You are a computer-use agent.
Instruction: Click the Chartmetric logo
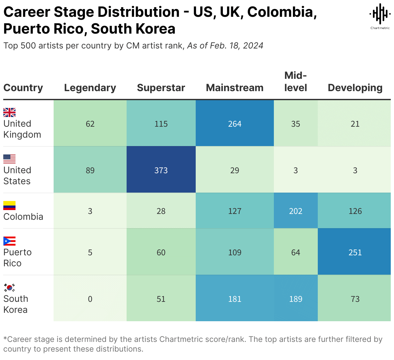tap(380, 16)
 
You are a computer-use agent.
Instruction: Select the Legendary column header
tap(90, 88)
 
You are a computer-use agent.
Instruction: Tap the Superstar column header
tap(161, 88)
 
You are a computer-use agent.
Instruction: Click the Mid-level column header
tap(295, 81)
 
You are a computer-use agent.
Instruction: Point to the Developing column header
tap(355, 88)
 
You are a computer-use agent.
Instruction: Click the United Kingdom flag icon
tap(9, 112)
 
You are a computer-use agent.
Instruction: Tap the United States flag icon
tap(9, 159)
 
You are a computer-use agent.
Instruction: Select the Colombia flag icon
tap(9, 205)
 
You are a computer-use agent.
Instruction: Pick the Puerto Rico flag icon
tap(9, 241)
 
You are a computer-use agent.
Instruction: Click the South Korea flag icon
tap(9, 287)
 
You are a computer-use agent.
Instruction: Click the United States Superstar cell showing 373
tap(161, 170)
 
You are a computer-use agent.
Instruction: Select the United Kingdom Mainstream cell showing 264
tap(234, 124)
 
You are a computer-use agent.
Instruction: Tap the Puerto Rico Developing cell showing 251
tap(355, 252)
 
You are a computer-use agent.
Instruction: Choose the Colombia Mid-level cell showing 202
tap(295, 211)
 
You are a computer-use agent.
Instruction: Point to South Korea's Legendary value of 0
tap(90, 299)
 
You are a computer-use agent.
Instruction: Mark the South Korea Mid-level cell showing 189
tap(295, 299)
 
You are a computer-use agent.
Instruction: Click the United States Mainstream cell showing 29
tap(234, 170)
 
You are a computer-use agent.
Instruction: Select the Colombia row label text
tap(23, 217)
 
